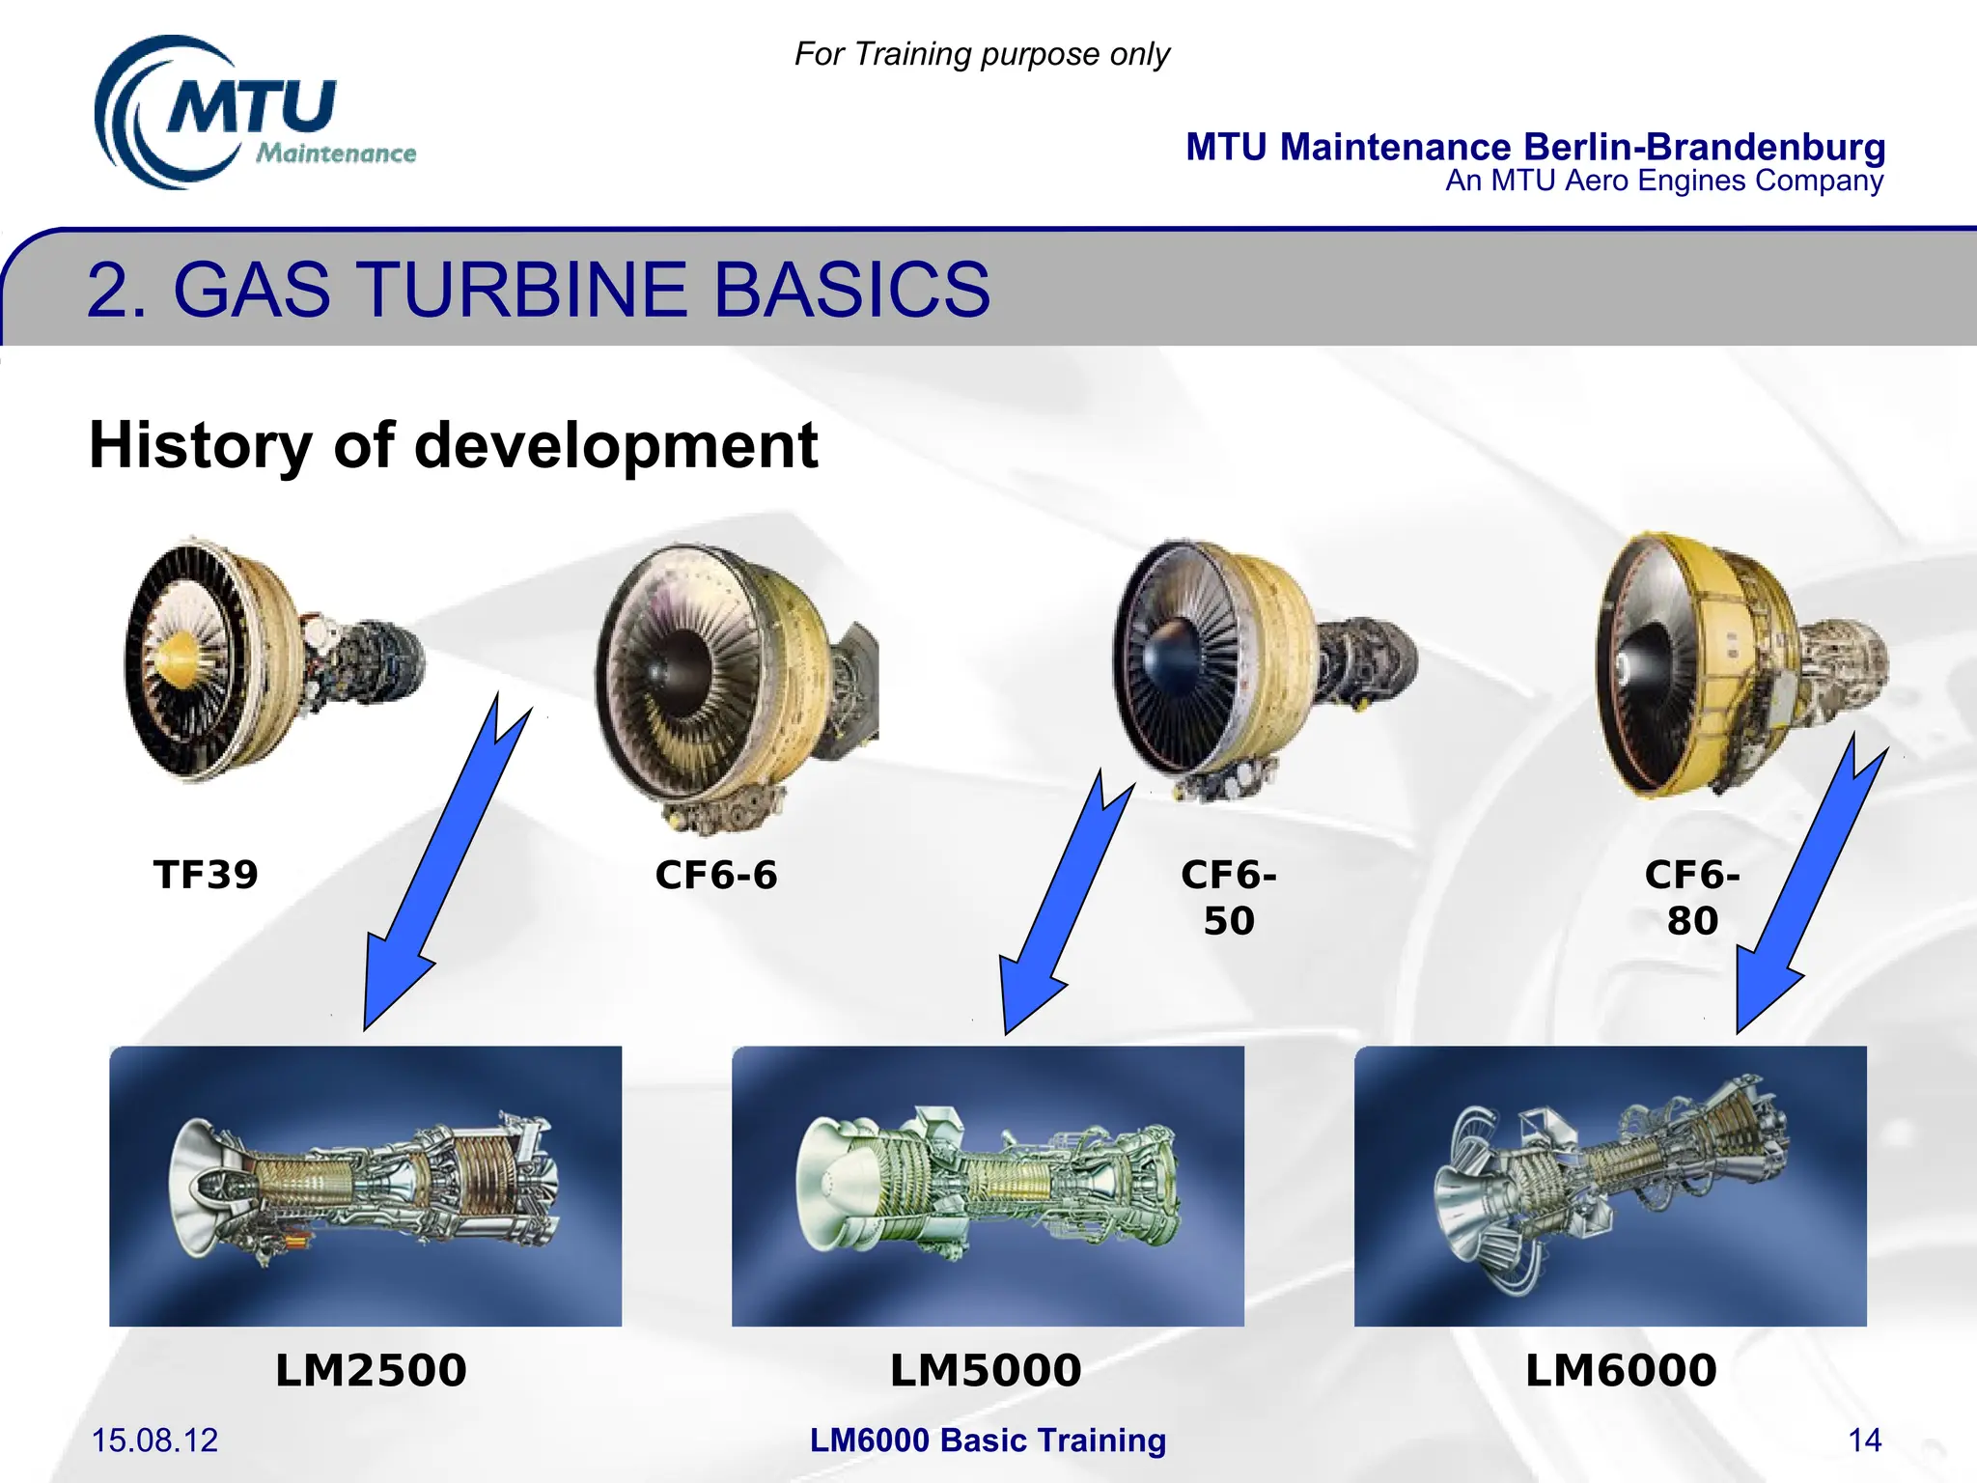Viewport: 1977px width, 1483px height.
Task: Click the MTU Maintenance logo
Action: click(253, 114)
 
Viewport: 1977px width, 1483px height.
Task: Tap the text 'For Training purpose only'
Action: click(981, 54)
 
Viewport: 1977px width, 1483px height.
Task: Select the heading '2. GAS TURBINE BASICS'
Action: click(538, 290)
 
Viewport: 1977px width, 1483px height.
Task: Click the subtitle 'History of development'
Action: click(453, 445)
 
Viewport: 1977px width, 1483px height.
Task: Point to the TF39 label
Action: click(206, 875)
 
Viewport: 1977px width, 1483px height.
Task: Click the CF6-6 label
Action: click(715, 876)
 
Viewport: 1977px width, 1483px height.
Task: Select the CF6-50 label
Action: click(1228, 897)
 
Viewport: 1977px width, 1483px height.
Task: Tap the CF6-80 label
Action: click(1691, 897)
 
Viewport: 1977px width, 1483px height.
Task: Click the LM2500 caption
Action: click(370, 1370)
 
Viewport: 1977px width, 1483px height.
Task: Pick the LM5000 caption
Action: click(985, 1370)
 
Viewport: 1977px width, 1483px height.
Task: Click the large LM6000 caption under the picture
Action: click(1620, 1370)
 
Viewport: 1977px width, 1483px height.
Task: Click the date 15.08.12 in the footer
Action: click(154, 1441)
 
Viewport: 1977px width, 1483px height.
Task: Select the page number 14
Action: click(1864, 1441)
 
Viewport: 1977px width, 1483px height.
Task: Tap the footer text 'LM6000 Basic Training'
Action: click(988, 1441)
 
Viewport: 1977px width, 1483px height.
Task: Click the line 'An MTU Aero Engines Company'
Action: click(1663, 181)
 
